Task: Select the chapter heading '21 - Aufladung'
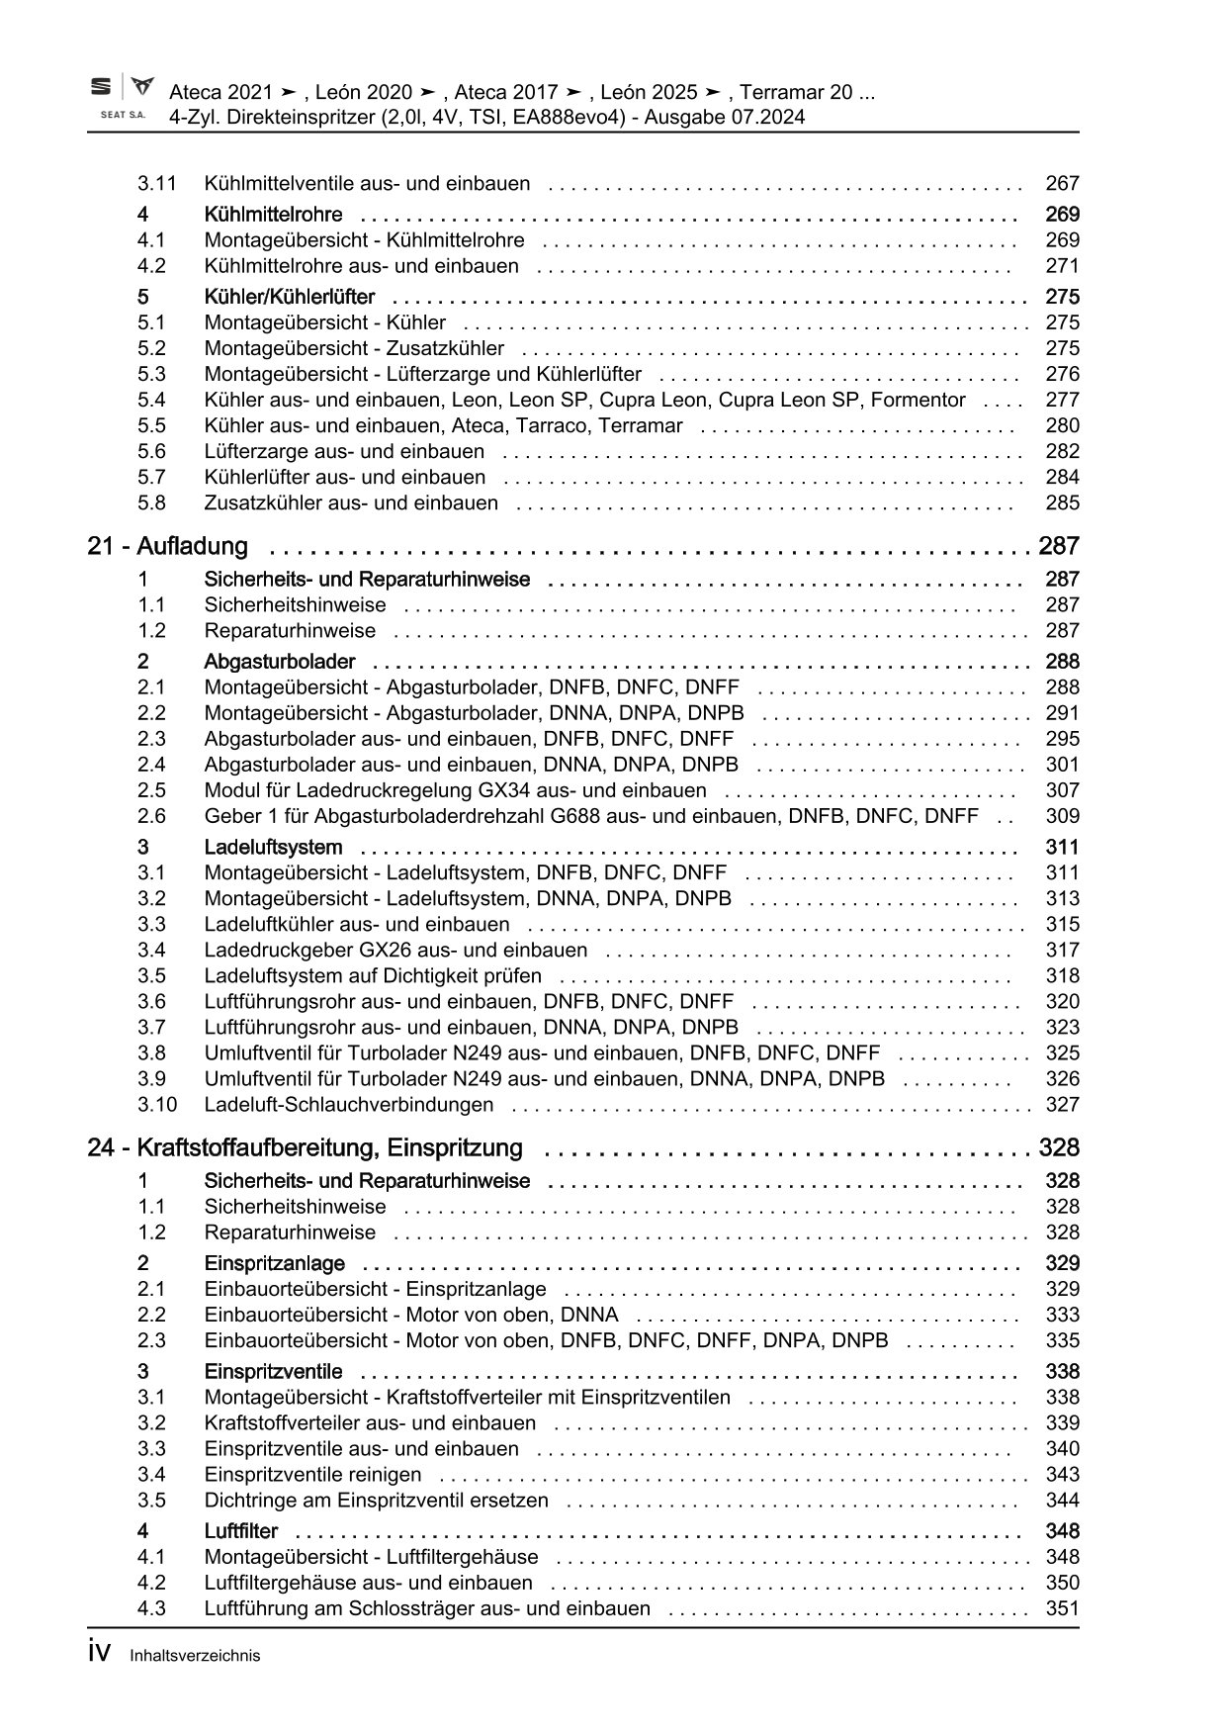[x=167, y=546]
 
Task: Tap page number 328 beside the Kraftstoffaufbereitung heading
[x=1059, y=1147]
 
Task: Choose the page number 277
[x=1062, y=400]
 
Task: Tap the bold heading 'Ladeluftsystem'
[x=273, y=847]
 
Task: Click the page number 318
[x=1062, y=975]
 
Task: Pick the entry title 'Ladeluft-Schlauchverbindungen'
[x=348, y=1104]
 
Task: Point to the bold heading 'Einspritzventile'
[x=273, y=1371]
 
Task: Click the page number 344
[x=1062, y=1500]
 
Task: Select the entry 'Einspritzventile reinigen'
[x=312, y=1474]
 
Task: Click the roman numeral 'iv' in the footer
[x=99, y=1654]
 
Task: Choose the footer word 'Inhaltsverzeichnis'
[x=195, y=1656]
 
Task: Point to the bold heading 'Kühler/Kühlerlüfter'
[x=290, y=297]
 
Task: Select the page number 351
[x=1062, y=1608]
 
